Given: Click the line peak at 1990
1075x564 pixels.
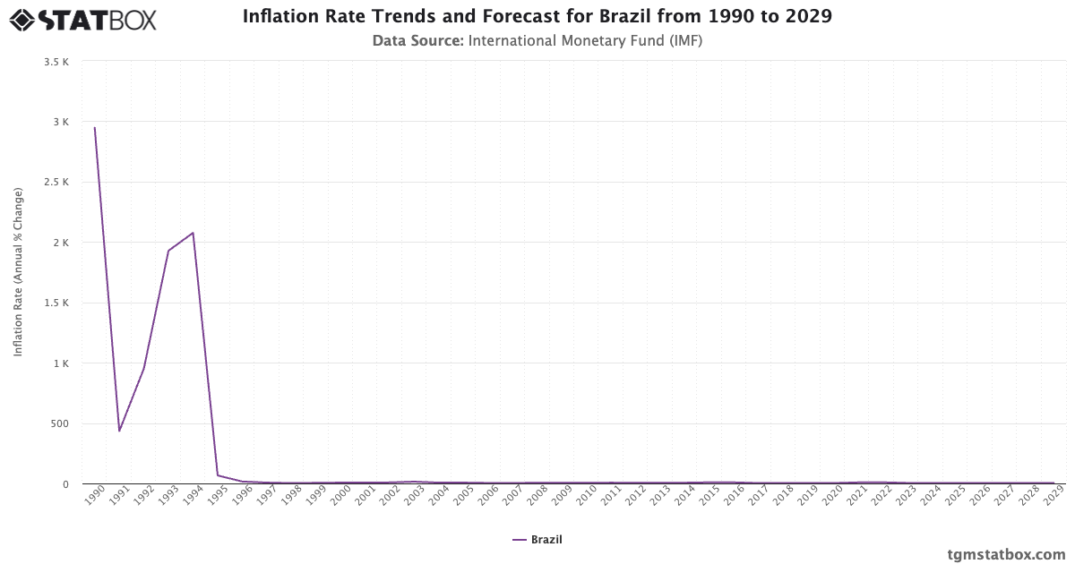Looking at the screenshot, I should point(94,127).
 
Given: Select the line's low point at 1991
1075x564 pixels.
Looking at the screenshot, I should point(119,431).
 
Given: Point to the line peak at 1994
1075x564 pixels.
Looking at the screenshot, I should point(193,233).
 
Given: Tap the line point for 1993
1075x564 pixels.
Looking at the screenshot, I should point(168,251).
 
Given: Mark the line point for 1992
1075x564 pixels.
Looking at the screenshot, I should point(143,369).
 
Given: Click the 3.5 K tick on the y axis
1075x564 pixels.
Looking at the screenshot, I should point(56,62).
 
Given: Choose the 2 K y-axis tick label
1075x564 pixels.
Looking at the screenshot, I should point(60,243).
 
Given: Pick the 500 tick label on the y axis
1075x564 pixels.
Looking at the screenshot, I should point(59,424).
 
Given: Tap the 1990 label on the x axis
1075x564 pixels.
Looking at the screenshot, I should point(94,495).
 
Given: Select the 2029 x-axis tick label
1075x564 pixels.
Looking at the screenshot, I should point(1053,495).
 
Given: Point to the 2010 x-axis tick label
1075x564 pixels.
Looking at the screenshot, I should point(587,495).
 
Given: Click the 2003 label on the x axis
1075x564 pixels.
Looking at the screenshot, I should point(414,495).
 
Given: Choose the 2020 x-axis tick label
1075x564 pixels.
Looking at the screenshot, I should point(832,495).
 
